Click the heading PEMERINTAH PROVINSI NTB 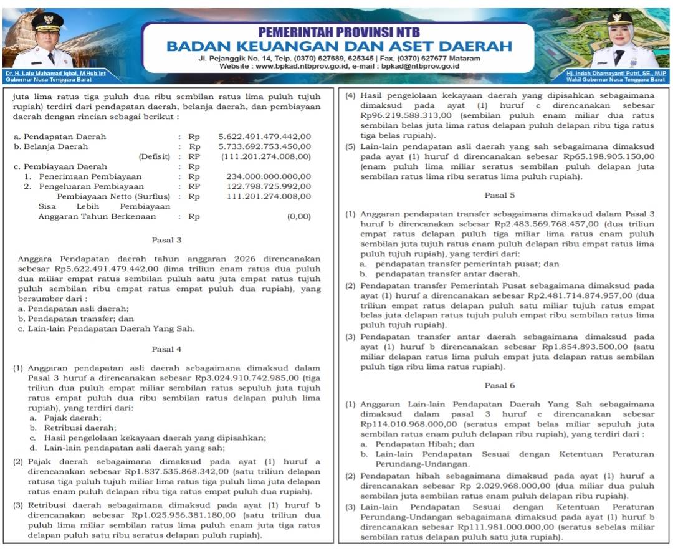(338, 32)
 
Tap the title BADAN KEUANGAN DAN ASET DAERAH (339, 46)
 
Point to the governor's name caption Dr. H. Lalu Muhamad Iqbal (55, 74)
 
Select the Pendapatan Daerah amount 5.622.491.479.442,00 (264, 137)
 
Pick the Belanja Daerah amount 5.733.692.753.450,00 (264, 146)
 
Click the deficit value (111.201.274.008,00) (265, 156)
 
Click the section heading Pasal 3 (166, 239)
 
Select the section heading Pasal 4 (166, 348)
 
